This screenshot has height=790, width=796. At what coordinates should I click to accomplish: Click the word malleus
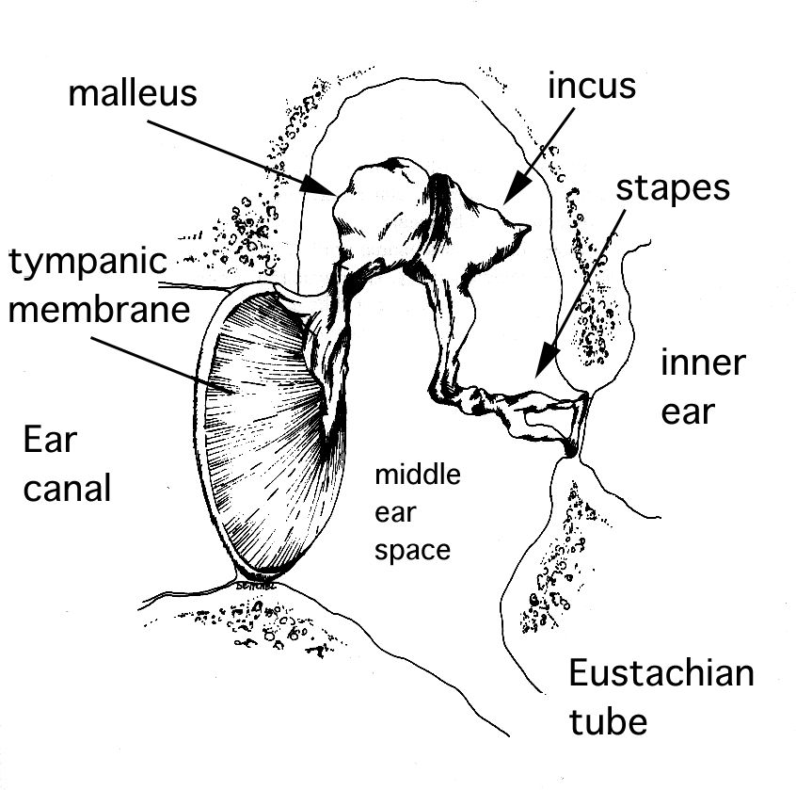point(133,93)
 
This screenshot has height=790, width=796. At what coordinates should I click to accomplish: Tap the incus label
point(592,86)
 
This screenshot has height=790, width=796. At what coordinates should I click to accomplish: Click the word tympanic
point(88,263)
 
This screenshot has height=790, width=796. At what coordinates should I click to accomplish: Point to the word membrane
point(99,310)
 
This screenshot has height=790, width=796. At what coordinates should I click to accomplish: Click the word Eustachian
point(661,672)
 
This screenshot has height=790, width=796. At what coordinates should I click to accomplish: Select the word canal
point(67,488)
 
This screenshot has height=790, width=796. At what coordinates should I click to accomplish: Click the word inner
point(703,363)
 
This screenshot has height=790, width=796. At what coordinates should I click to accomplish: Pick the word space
point(412,551)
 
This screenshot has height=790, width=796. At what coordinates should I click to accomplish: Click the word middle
point(418,475)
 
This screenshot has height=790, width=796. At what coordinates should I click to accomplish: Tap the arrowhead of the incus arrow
point(516,189)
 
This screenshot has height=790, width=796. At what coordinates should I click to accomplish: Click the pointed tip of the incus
point(528,227)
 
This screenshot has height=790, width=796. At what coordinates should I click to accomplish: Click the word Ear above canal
point(50,440)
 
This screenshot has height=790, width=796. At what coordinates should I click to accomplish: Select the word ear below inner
point(688,412)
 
